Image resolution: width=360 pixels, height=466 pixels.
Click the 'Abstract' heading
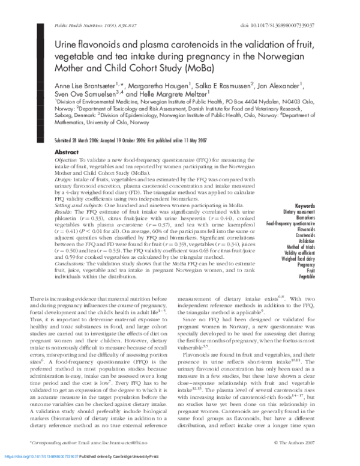coord(67,153)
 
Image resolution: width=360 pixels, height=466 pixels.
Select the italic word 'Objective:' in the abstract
coord(66,162)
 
